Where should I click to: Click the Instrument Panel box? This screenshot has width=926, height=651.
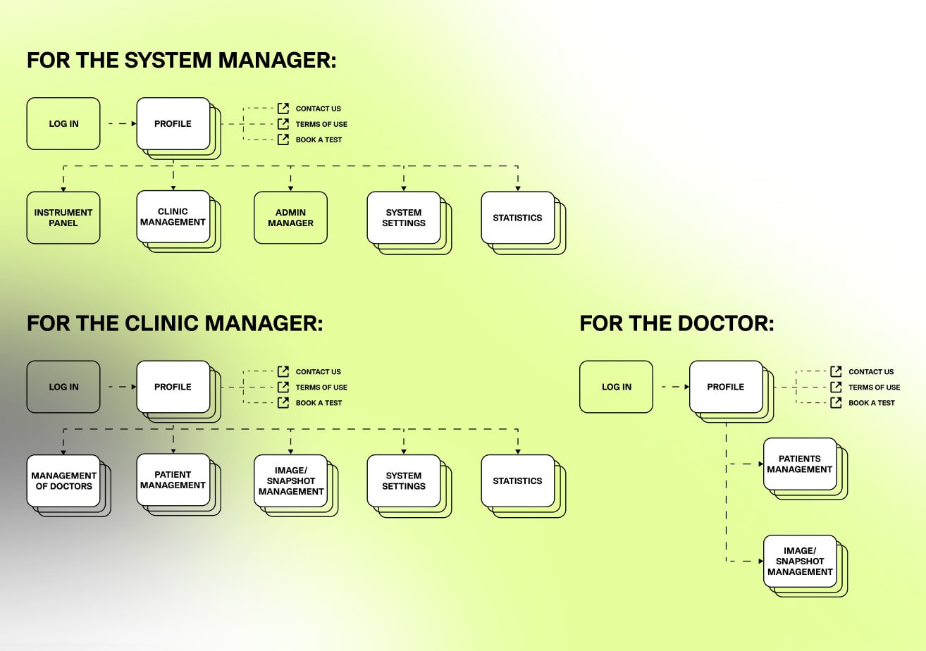click(x=63, y=218)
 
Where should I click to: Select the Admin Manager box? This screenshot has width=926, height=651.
click(x=290, y=218)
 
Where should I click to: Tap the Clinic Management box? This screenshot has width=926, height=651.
click(x=173, y=217)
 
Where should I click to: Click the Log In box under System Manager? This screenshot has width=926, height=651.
click(x=63, y=124)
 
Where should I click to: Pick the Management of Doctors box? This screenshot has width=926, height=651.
click(x=63, y=480)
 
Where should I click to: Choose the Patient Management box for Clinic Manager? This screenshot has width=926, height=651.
click(x=173, y=480)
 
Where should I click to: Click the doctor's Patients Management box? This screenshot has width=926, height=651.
click(x=800, y=464)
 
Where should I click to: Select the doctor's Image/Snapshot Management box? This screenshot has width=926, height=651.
click(x=800, y=562)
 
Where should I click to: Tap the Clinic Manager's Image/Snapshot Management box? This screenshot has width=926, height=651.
click(x=290, y=480)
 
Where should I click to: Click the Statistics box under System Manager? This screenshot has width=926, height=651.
click(x=517, y=218)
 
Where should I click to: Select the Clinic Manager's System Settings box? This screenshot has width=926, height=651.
click(x=404, y=480)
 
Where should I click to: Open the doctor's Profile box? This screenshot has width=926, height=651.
click(x=726, y=387)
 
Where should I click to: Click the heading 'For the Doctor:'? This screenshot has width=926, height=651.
click(x=677, y=323)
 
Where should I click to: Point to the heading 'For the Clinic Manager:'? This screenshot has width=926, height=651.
click(x=175, y=323)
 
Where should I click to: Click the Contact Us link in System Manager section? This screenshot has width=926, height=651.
click(x=318, y=108)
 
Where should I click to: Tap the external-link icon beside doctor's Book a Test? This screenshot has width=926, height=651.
click(x=837, y=403)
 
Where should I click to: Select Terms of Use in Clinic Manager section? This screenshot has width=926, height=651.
click(x=321, y=387)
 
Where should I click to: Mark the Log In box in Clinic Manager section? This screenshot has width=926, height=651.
click(x=63, y=387)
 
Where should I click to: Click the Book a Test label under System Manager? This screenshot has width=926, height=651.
click(x=319, y=139)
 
